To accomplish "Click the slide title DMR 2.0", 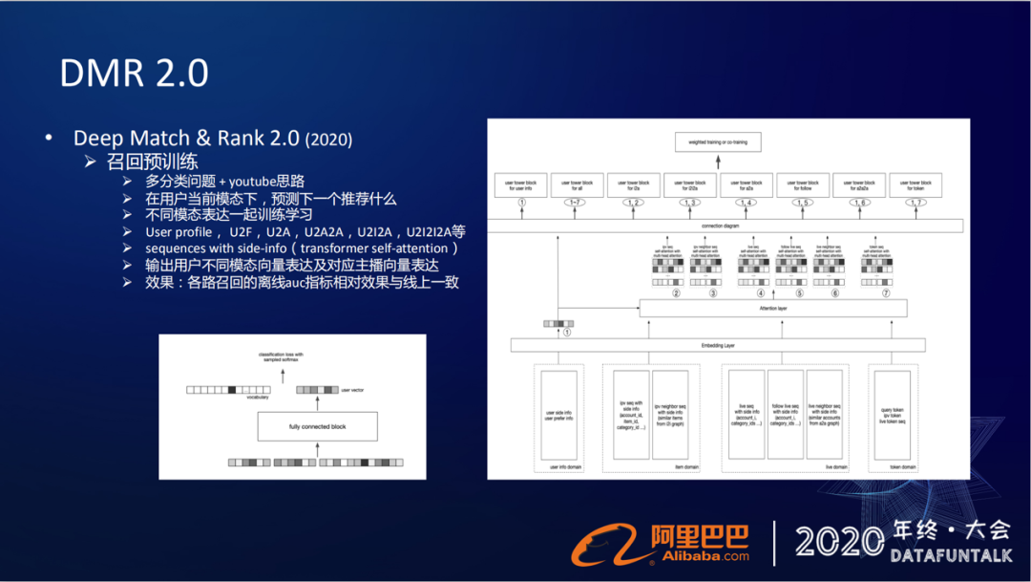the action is (x=134, y=73).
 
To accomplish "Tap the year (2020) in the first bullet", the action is (x=328, y=140).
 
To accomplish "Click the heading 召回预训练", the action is (x=153, y=162).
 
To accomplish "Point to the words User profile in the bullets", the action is (x=179, y=232).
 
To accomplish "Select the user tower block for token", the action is (x=915, y=184).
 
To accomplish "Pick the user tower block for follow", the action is (x=803, y=184).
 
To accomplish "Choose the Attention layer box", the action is (x=771, y=309).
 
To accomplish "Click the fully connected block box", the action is (x=317, y=426).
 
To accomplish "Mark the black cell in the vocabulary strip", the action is (x=231, y=390).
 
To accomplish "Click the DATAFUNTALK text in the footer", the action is (x=950, y=555).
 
